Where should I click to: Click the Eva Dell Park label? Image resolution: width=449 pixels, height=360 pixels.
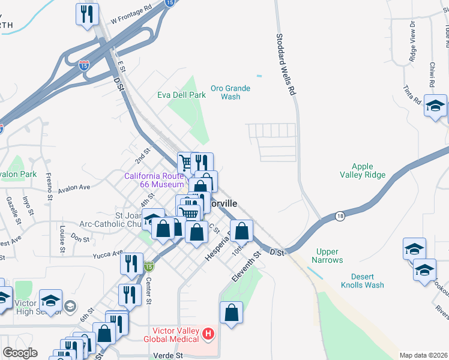coord(181,95)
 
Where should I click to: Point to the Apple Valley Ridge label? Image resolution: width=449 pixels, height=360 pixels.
coord(363,171)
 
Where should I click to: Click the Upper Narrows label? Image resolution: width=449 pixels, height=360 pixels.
coord(327,256)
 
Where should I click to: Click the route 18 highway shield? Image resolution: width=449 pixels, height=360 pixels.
coord(340,216)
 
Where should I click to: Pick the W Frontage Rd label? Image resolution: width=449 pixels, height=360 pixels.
coord(131,16)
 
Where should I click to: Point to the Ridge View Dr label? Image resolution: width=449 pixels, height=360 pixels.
coord(412,42)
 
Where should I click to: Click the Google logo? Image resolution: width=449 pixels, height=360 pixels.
coord(20,353)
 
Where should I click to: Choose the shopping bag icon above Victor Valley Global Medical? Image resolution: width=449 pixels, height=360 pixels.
coord(231,313)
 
